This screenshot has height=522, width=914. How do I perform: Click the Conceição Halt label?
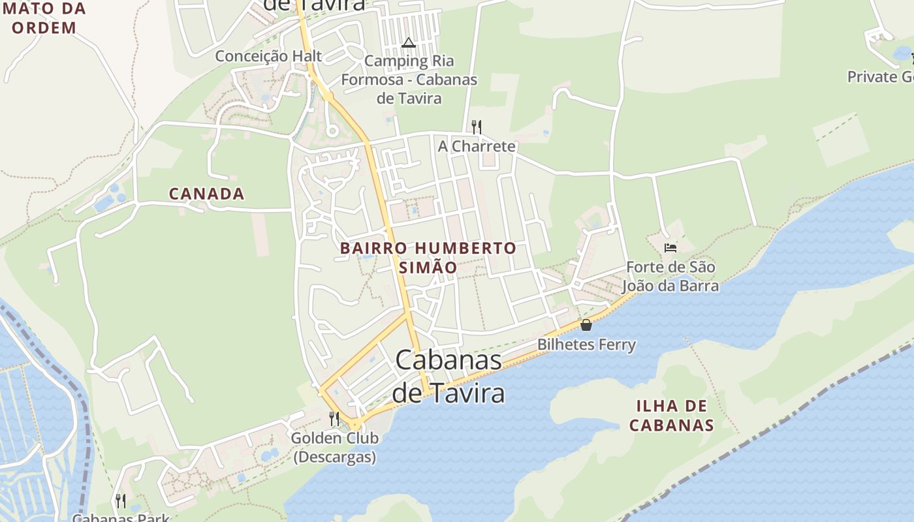pos(268,56)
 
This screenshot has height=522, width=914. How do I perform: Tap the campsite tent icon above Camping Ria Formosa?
pos(409,43)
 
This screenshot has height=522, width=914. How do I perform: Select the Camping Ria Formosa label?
pos(409,80)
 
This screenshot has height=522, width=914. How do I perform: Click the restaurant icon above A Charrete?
pos(477,127)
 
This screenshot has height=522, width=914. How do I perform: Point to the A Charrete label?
pos(477,146)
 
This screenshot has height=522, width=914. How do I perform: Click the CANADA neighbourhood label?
pos(206,194)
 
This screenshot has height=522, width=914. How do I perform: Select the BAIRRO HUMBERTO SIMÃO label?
pos(428,258)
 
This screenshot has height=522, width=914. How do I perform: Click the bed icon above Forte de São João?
pos(670,248)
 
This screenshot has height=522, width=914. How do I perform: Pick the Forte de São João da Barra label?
pos(670,277)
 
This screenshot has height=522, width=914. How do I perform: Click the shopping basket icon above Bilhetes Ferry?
pos(586,325)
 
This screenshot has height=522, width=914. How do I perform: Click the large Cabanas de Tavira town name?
pos(449,376)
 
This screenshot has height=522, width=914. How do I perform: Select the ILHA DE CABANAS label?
pos(671,416)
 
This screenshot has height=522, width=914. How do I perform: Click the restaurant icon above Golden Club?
pos(334,418)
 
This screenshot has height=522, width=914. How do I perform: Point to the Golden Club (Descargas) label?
pos(334,447)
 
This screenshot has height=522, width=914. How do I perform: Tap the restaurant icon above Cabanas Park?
pos(121,500)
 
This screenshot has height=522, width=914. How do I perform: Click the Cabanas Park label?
pos(121,518)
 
